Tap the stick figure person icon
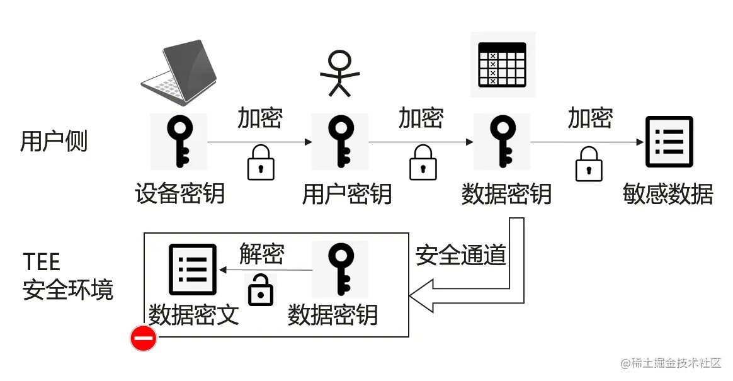point(340,73)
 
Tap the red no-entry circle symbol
point(143,339)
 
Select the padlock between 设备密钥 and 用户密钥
point(260,162)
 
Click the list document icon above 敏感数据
point(668,142)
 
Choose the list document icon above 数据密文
point(193,270)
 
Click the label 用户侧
point(54,142)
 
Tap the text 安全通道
point(461,256)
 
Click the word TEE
point(42,261)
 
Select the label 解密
point(261,254)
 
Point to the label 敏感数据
point(668,194)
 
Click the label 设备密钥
point(180,193)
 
